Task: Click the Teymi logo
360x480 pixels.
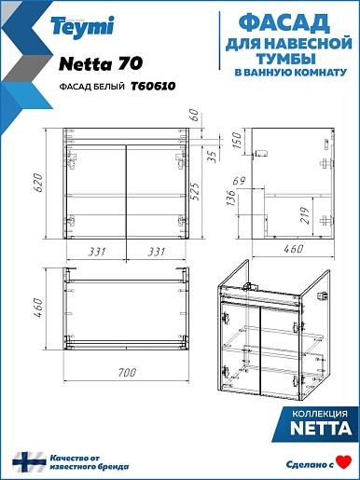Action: point(82,27)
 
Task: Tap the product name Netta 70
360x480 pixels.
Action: point(101,63)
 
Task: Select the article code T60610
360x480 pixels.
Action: point(153,86)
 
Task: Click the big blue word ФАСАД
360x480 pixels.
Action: point(284,23)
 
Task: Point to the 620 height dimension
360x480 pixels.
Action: point(37,183)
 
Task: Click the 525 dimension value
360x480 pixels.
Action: point(195,191)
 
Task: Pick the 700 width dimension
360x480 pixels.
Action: point(127,372)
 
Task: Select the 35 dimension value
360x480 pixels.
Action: point(212,157)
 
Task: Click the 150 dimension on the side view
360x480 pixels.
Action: point(237,141)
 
